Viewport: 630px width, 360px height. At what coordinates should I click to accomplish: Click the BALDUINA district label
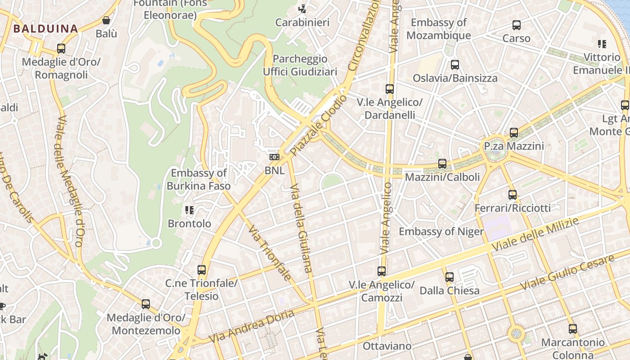click(45, 29)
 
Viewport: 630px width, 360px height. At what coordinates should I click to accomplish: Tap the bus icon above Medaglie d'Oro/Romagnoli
click(61, 49)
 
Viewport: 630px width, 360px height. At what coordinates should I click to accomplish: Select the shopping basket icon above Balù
click(106, 20)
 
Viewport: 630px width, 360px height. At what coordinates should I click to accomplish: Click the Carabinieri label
click(302, 22)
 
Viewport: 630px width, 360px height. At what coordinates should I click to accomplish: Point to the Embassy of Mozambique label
click(439, 29)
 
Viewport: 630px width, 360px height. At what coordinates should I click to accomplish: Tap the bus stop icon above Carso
click(517, 25)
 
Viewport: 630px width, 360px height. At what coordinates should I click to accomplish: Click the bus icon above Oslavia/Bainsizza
click(455, 65)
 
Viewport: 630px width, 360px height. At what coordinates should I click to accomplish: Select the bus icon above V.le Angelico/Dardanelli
click(390, 89)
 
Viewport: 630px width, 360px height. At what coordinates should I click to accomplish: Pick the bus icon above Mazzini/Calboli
click(442, 164)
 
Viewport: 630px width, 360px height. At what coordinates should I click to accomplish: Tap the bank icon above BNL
click(274, 157)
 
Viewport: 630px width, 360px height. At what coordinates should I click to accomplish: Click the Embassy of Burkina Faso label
click(198, 179)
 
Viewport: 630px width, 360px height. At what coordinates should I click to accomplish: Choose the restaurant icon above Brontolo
click(189, 210)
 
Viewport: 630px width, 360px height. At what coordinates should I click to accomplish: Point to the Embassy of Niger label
click(441, 232)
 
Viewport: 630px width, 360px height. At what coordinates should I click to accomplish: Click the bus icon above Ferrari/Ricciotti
click(513, 195)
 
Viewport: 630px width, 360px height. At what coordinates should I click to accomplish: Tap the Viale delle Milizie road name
click(535, 234)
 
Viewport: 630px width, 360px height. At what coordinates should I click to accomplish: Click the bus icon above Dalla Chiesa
click(450, 277)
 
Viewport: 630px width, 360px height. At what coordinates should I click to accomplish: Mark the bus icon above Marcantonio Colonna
click(572, 329)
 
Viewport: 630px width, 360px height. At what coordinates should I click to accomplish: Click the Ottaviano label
click(387, 346)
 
